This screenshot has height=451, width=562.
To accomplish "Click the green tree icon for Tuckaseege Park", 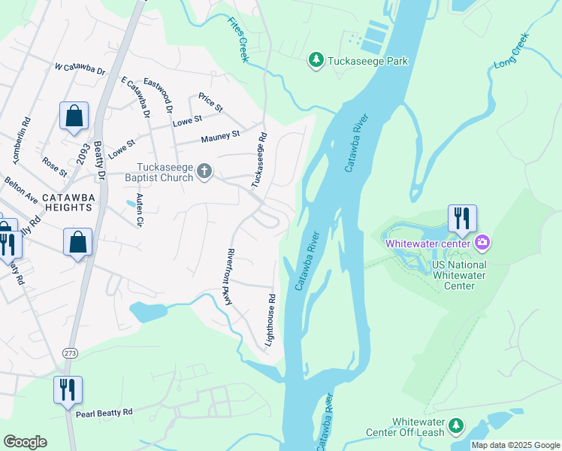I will [316, 59].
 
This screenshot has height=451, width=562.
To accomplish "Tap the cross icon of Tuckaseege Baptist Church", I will [203, 172].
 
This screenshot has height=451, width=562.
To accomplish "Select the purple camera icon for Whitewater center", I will [482, 242].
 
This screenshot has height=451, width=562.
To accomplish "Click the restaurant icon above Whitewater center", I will [461, 218].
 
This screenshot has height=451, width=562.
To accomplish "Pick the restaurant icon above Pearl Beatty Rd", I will [68, 389].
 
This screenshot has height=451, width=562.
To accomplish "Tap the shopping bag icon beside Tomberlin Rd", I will [74, 117].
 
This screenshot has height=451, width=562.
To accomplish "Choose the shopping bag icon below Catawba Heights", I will [77, 242].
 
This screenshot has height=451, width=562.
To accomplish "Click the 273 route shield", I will [69, 353].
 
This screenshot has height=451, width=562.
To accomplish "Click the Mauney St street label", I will [219, 137].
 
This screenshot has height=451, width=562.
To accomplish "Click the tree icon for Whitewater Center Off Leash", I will [455, 426].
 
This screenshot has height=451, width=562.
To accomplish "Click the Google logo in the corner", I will [25, 442].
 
